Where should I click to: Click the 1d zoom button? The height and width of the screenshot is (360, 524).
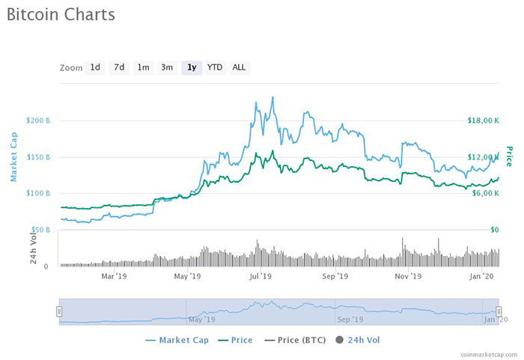coord(95,67)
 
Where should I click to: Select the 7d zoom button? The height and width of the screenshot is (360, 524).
coord(119,67)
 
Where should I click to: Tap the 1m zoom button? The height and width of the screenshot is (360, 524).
coord(143,67)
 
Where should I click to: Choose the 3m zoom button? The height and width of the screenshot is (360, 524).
coord(167,67)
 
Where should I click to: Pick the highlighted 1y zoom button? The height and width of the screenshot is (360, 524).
coord(192,67)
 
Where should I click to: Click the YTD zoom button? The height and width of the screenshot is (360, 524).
coord(215,67)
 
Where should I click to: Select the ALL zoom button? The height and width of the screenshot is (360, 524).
coord(239,67)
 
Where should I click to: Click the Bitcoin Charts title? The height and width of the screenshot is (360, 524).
coord(61,15)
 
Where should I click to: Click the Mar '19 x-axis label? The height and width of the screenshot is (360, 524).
coord(114,276)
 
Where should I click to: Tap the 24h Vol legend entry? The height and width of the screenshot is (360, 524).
coord(359,340)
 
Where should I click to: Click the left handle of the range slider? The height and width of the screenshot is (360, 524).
coord(59,311)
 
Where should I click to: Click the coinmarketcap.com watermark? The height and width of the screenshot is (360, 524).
coord(489,353)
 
